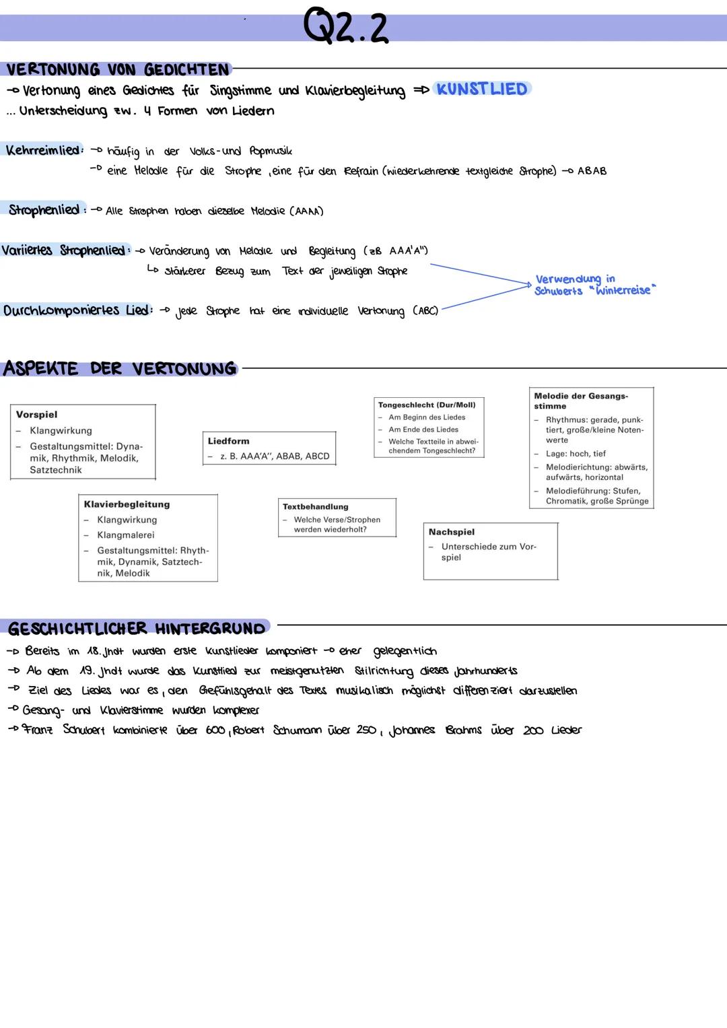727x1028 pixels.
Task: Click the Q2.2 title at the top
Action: click(345, 27)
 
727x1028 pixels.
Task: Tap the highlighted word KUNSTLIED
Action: click(482, 89)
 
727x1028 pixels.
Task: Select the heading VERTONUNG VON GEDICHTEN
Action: click(118, 69)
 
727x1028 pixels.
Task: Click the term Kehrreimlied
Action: click(42, 150)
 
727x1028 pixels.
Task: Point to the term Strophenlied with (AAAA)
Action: click(44, 210)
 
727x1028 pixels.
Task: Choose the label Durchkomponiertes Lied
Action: click(75, 310)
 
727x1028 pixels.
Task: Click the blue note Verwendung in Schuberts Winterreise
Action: click(592, 285)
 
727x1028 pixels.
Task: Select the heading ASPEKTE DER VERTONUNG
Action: click(120, 369)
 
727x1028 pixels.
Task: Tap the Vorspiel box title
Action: click(36, 415)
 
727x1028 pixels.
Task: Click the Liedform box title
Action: click(228, 441)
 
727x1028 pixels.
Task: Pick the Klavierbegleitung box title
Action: click(127, 504)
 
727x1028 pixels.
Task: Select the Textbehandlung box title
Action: click(315, 506)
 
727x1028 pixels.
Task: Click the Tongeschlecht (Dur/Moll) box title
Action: click(427, 405)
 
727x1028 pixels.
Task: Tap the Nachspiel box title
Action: click(451, 532)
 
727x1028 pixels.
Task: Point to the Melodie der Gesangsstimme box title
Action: click(580, 401)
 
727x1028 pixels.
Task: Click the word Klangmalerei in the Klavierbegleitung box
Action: click(126, 535)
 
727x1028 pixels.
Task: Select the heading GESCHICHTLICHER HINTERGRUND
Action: click(137, 628)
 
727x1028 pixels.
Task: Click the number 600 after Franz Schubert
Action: click(215, 730)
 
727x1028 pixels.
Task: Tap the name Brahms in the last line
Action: click(463, 730)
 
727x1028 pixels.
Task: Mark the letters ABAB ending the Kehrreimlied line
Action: click(592, 171)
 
